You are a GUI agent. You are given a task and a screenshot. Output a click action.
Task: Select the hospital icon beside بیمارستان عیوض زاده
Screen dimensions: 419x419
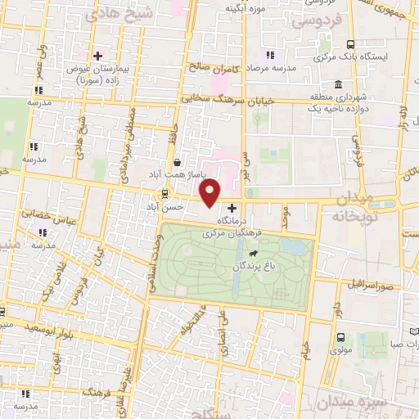(98, 56)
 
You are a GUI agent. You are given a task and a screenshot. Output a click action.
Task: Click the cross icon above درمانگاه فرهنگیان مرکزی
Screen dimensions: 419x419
(232, 209)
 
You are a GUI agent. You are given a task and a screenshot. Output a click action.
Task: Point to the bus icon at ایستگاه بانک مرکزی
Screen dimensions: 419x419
(350, 45)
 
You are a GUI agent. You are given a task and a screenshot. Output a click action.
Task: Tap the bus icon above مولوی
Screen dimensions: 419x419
(339, 337)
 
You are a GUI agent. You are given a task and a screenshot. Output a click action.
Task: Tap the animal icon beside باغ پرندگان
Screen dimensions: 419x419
(264, 264)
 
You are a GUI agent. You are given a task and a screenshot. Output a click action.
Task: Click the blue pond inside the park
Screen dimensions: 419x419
(291, 246)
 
